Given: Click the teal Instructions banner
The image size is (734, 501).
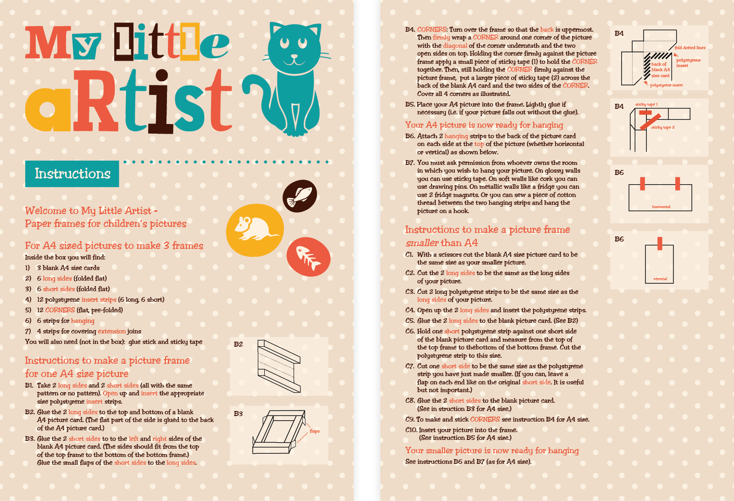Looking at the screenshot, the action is pyautogui.click(x=72, y=174).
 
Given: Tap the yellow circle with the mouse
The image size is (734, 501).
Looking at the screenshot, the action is pyautogui.click(x=255, y=230).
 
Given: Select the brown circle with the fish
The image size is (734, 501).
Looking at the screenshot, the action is pyautogui.click(x=300, y=196).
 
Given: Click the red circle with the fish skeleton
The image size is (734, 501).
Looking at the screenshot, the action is pyautogui.click(x=308, y=257).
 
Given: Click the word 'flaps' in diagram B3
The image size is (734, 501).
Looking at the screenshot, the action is pyautogui.click(x=315, y=431).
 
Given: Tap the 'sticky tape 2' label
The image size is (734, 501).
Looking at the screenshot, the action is pyautogui.click(x=663, y=127).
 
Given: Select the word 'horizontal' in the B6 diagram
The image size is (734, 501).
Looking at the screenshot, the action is pyautogui.click(x=661, y=207).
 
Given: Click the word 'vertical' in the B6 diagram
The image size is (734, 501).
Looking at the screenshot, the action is pyautogui.click(x=660, y=279).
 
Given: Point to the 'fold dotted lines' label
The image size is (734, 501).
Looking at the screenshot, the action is pyautogui.click(x=690, y=48).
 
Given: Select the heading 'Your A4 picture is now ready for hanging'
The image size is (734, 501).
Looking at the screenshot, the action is pyautogui.click(x=484, y=125).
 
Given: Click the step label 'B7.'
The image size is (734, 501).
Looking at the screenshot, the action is pyautogui.click(x=410, y=163).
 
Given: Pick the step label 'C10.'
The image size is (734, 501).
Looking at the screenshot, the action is pyautogui.click(x=411, y=430).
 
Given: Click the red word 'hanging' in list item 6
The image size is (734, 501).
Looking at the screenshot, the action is pyautogui.click(x=83, y=321).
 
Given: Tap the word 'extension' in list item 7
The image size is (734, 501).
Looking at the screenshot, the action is pyautogui.click(x=111, y=332).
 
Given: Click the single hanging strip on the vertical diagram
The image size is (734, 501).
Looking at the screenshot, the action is pyautogui.click(x=660, y=243).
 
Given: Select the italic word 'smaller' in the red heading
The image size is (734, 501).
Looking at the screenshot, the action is pyautogui.click(x=422, y=243).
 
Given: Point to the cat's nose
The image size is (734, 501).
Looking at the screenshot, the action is pyautogui.click(x=294, y=56).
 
